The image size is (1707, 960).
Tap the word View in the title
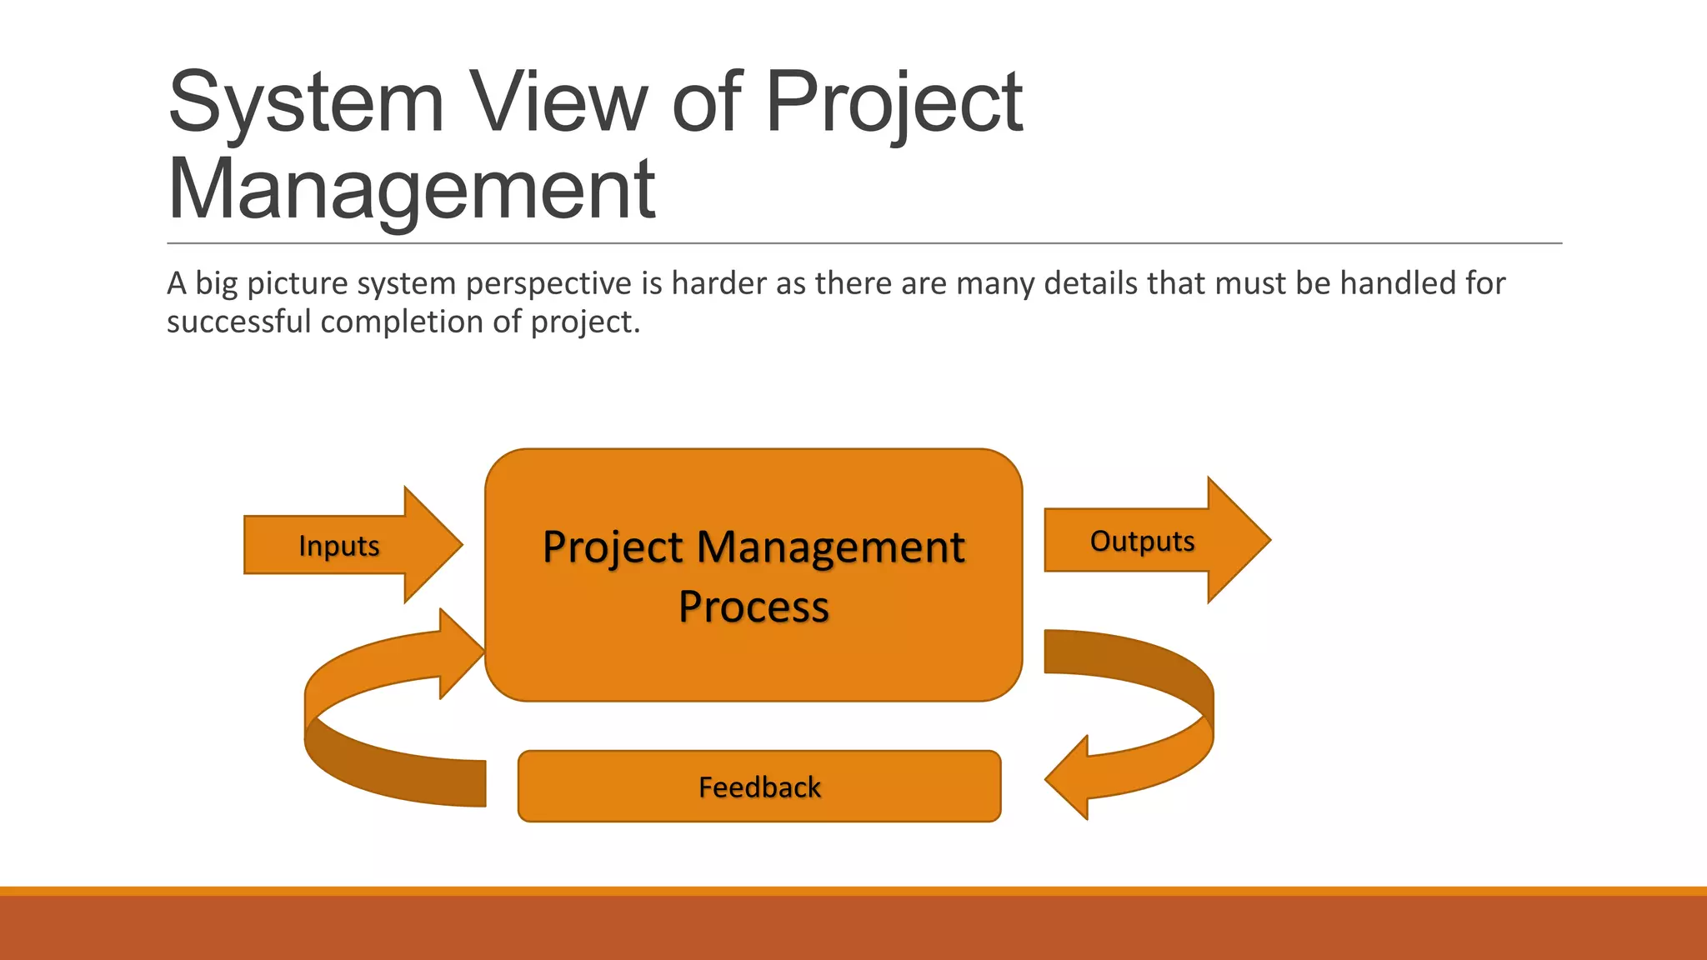558,102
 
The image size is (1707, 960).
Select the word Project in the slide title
894,102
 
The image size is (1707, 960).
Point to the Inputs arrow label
338,546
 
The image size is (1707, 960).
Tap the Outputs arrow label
1142,541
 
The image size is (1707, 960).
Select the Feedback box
759,787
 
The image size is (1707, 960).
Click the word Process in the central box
753,606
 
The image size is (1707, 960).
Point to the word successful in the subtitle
239,322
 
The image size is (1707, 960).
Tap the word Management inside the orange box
830,547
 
